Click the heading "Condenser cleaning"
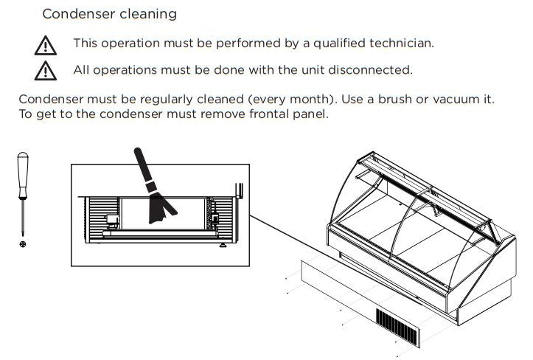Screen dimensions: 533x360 (109, 14)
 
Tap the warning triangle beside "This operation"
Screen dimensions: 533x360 (46, 45)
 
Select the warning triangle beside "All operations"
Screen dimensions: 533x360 (46, 70)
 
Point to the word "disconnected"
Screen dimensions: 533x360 (370, 70)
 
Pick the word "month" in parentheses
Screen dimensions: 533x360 (310, 100)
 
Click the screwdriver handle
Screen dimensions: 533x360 (23, 175)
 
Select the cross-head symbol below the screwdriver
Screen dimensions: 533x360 (23, 244)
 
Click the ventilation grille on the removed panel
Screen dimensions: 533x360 (397, 328)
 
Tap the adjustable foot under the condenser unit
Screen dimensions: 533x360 (223, 245)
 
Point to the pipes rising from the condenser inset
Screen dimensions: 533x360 (239, 190)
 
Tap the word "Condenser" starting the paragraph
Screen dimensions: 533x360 (51, 100)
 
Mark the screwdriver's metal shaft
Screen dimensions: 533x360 (23, 216)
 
